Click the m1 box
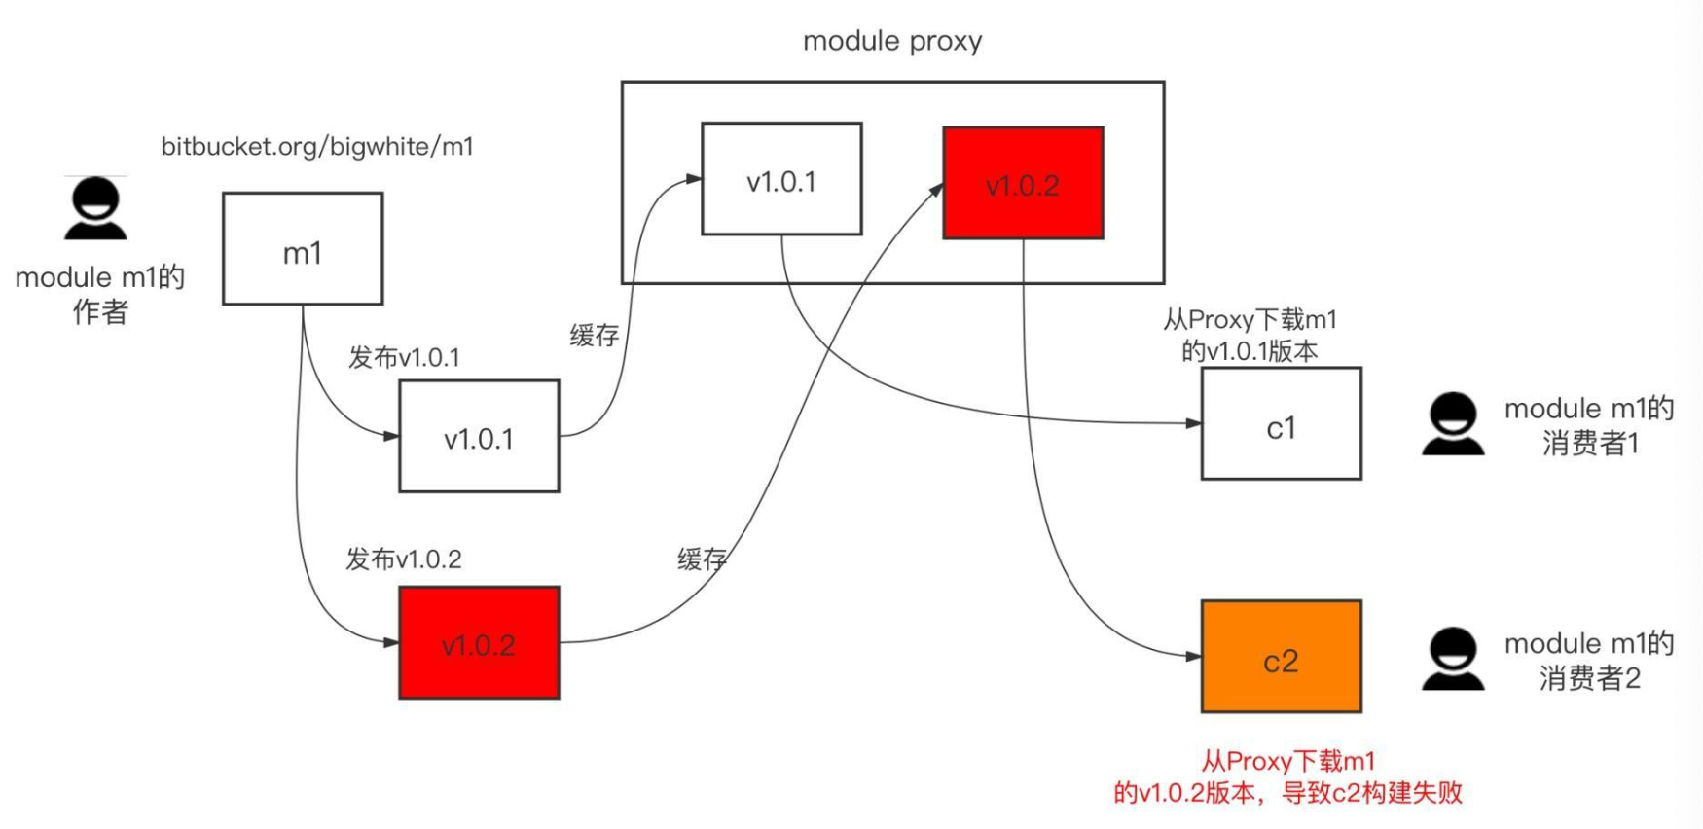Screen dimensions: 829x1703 303,249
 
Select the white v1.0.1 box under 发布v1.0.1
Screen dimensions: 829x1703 479,436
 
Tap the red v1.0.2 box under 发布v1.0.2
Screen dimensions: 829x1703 479,642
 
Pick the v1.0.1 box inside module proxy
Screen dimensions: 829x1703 781,179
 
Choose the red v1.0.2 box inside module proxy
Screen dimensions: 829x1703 1023,183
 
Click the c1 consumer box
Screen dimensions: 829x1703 1281,424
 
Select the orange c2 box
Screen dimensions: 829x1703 1281,657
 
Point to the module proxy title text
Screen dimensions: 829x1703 891,41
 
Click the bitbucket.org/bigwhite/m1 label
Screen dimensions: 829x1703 317,147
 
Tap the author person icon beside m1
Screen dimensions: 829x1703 95,208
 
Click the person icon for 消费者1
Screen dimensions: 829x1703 1453,424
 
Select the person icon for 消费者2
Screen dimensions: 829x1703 1453,660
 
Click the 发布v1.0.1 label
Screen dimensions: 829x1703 404,357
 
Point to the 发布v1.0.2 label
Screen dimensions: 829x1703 404,559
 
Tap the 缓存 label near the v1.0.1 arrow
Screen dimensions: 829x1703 595,336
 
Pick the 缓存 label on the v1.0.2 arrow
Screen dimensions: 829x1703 702,559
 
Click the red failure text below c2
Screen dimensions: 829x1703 1287,776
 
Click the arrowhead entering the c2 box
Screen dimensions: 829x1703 1194,657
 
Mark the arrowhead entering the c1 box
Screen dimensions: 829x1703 1194,423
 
